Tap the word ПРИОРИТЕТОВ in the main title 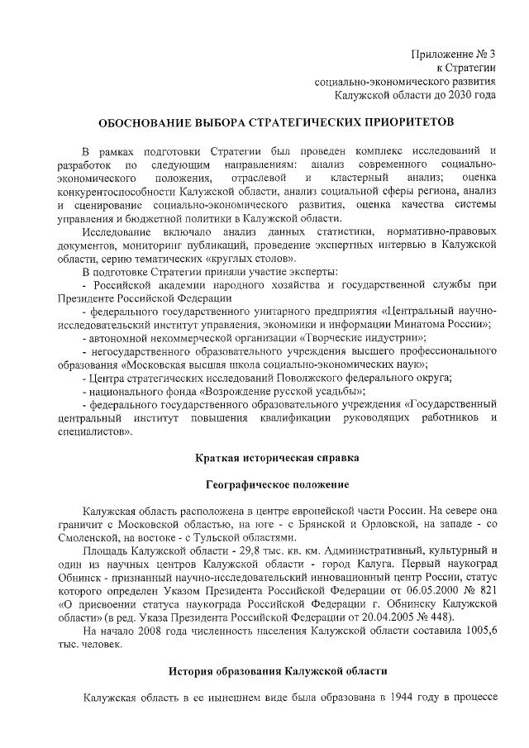(403, 122)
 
